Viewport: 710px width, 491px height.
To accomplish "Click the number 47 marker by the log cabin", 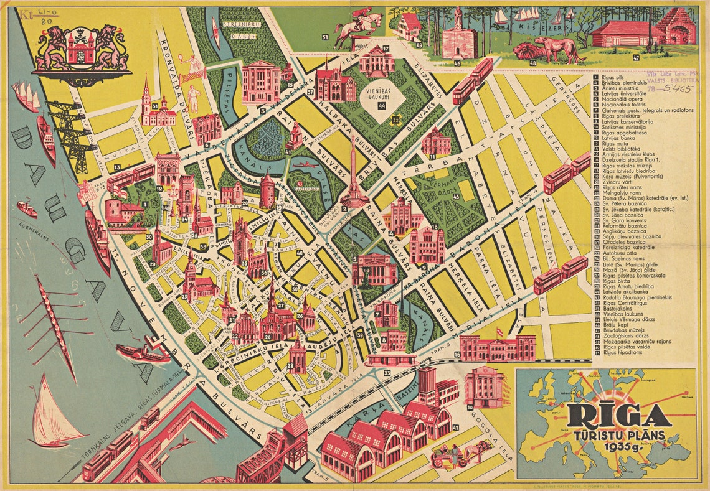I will point(636,57).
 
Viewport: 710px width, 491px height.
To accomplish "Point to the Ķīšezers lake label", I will point(547,29).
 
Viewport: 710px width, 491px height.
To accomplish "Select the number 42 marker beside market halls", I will point(456,427).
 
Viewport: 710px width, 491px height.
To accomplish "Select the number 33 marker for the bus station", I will point(387,373).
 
